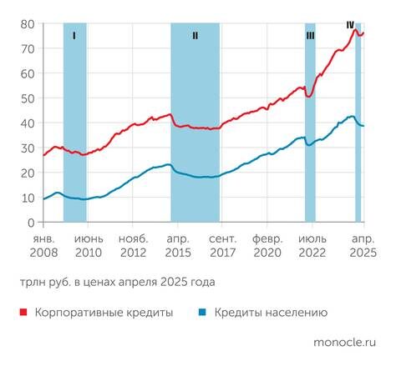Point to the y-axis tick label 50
(x=27, y=98)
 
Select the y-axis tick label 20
(x=27, y=173)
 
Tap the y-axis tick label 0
(x=31, y=223)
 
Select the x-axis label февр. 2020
(x=267, y=244)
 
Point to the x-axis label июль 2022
(x=313, y=244)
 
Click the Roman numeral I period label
(x=74, y=36)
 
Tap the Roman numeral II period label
(x=195, y=36)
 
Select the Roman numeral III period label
(x=310, y=36)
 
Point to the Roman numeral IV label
(x=351, y=25)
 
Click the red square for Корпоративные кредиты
(x=22, y=313)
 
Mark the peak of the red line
(x=356, y=30)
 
